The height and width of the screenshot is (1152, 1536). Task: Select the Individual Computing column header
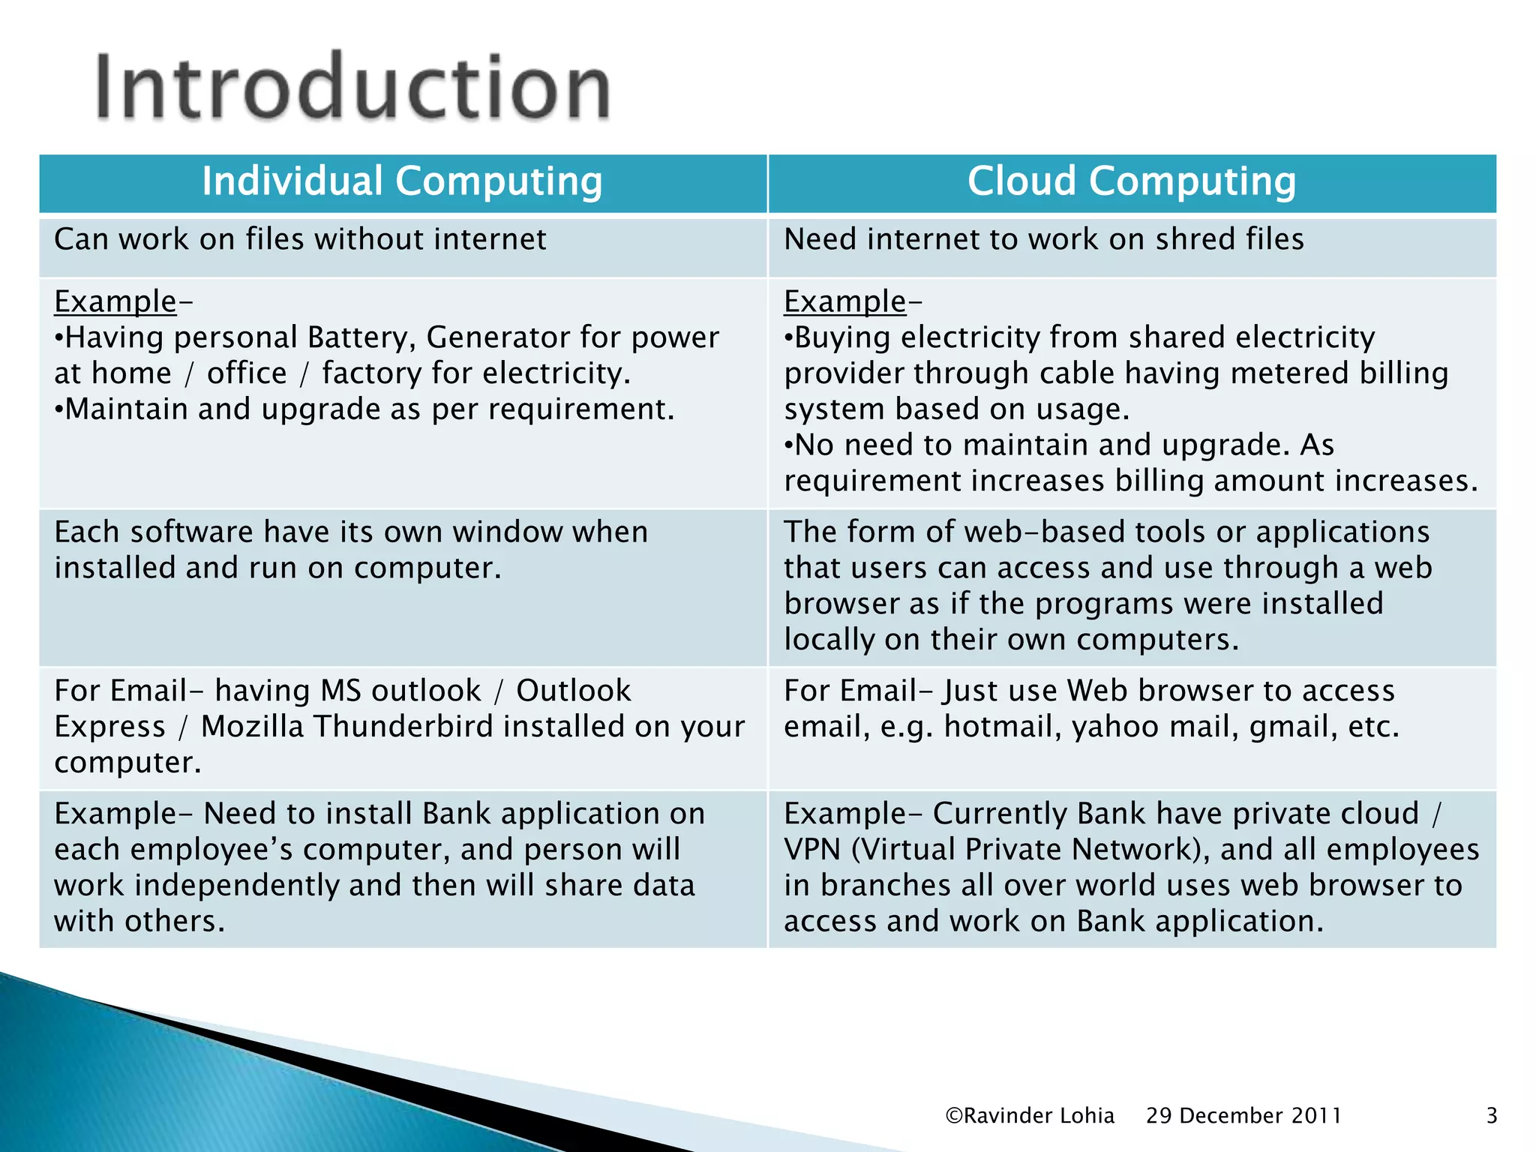[x=402, y=181]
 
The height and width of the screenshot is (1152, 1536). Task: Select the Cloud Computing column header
[x=1131, y=181]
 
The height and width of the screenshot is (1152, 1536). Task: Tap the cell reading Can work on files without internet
[x=300, y=240]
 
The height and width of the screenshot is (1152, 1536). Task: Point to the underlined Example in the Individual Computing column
[x=115, y=302]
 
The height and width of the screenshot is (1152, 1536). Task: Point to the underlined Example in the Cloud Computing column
[x=844, y=302]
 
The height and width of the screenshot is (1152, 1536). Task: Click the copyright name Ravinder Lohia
[x=1038, y=1116]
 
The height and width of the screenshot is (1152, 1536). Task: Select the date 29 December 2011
[x=1243, y=1116]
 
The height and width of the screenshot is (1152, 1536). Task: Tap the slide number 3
[x=1491, y=1116]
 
